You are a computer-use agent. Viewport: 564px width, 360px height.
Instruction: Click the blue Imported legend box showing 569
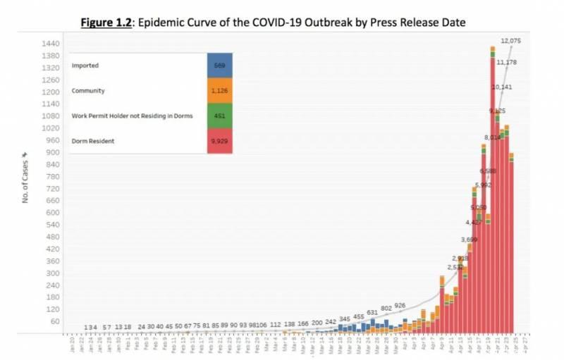click(219, 65)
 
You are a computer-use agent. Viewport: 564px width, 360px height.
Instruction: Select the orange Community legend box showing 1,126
click(219, 90)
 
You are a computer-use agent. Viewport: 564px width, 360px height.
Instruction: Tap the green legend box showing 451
click(219, 116)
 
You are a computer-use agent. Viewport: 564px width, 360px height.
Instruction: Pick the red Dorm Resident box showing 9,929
click(219, 141)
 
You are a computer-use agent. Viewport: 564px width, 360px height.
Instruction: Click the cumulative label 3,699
click(470, 240)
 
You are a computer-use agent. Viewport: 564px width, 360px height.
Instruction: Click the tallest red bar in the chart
click(492, 190)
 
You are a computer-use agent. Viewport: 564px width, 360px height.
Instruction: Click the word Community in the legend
click(88, 90)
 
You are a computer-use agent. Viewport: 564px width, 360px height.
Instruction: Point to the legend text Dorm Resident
click(92, 141)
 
